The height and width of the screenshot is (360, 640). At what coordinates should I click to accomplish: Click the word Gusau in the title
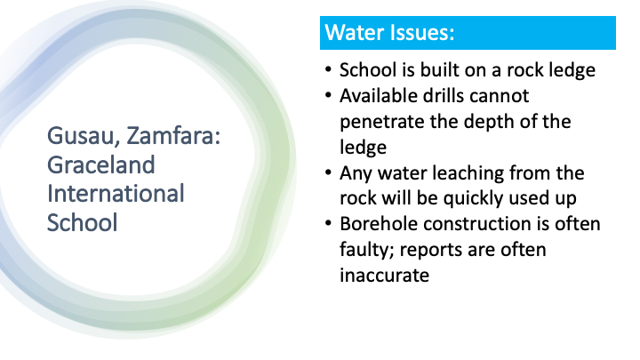81,135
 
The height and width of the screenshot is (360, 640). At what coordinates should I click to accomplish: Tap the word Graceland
101,165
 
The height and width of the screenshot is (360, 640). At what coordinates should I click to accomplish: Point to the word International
116,194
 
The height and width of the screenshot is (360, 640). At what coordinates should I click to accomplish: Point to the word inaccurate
385,276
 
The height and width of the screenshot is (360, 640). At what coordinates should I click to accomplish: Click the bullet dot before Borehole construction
328,224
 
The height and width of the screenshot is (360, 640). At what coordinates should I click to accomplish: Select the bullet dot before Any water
328,172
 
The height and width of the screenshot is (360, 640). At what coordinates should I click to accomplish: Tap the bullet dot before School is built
328,70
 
